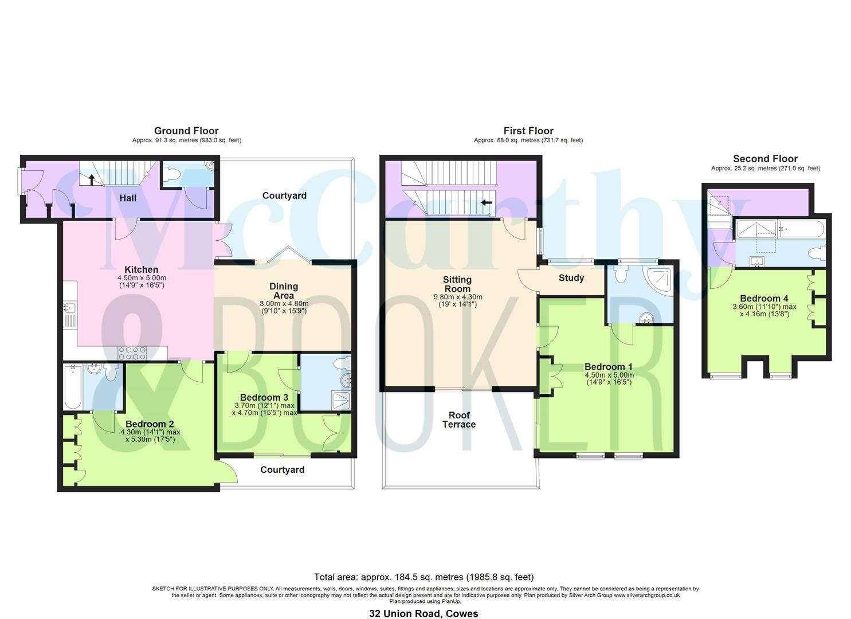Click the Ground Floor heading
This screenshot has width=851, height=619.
(x=186, y=131)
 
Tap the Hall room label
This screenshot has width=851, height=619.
(x=128, y=198)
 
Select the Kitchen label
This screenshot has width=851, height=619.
(x=142, y=269)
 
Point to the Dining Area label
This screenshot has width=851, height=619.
(x=284, y=291)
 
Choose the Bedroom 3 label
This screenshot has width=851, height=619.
(x=264, y=397)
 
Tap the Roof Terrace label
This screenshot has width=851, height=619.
(x=458, y=420)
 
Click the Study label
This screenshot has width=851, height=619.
(x=571, y=278)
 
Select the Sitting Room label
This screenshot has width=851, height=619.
(x=457, y=284)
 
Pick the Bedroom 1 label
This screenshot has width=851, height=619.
(x=608, y=367)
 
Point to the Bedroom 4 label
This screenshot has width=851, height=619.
(x=764, y=298)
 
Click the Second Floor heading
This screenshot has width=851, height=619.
(x=765, y=159)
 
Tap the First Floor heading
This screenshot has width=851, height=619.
(x=528, y=131)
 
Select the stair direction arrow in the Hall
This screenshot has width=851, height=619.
(x=91, y=178)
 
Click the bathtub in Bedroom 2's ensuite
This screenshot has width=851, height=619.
(x=72, y=387)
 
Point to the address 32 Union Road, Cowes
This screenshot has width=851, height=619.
(x=423, y=613)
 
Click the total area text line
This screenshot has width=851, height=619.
(x=423, y=577)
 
